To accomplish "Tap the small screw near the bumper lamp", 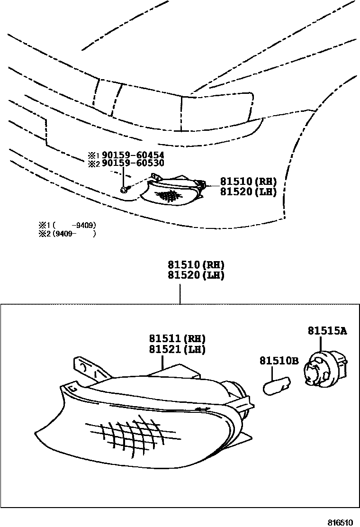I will click(123, 190).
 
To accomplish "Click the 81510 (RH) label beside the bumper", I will click(248, 182).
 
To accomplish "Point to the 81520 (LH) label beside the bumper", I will click(248, 192).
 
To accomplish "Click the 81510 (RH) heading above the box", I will click(195, 265).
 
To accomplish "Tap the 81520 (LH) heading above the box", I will click(195, 275).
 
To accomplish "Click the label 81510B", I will click(279, 361).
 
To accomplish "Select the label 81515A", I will click(327, 331).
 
